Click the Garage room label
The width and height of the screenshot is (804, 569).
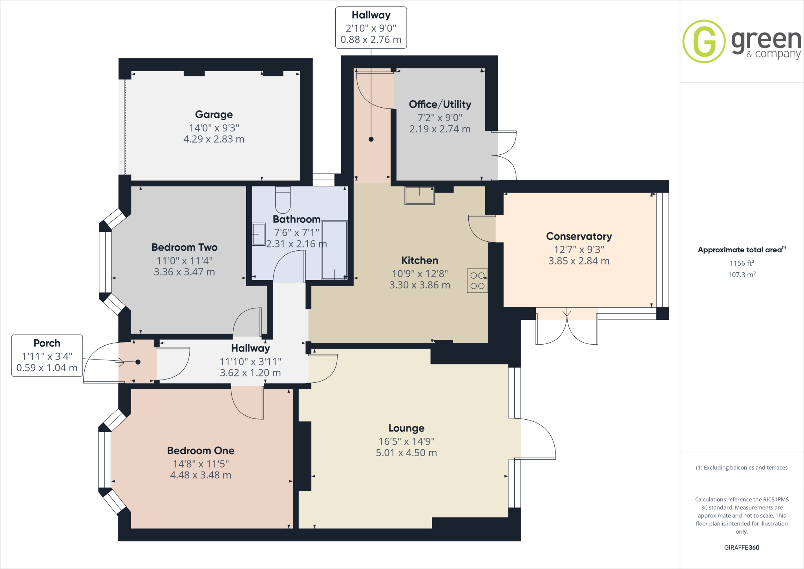click(x=214, y=114)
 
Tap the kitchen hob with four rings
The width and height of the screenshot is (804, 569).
click(x=477, y=281)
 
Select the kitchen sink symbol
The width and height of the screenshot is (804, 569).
click(x=419, y=195)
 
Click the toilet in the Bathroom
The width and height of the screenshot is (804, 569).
click(x=283, y=200)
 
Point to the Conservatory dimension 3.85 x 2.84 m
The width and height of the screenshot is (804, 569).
click(x=579, y=261)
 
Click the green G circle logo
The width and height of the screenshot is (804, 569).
click(x=704, y=41)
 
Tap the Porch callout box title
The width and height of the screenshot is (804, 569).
click(x=47, y=343)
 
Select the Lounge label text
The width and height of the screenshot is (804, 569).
click(x=406, y=428)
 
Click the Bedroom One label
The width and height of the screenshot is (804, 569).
click(x=201, y=450)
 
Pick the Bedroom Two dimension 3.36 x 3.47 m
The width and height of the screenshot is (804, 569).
click(x=184, y=272)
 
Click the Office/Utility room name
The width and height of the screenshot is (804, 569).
click(x=440, y=104)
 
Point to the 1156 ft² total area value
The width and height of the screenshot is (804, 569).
click(x=742, y=263)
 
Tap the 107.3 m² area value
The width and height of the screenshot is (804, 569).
click(x=742, y=275)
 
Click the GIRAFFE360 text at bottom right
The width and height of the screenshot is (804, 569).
click(x=742, y=547)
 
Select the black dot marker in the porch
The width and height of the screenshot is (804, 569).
click(x=138, y=362)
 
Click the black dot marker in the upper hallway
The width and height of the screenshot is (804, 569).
click(x=371, y=139)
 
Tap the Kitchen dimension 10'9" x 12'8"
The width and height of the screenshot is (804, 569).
click(x=420, y=273)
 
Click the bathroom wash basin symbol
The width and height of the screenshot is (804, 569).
click(x=259, y=234)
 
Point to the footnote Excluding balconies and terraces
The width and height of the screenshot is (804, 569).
click(x=742, y=468)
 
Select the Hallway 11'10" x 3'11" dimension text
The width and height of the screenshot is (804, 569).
click(x=250, y=361)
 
